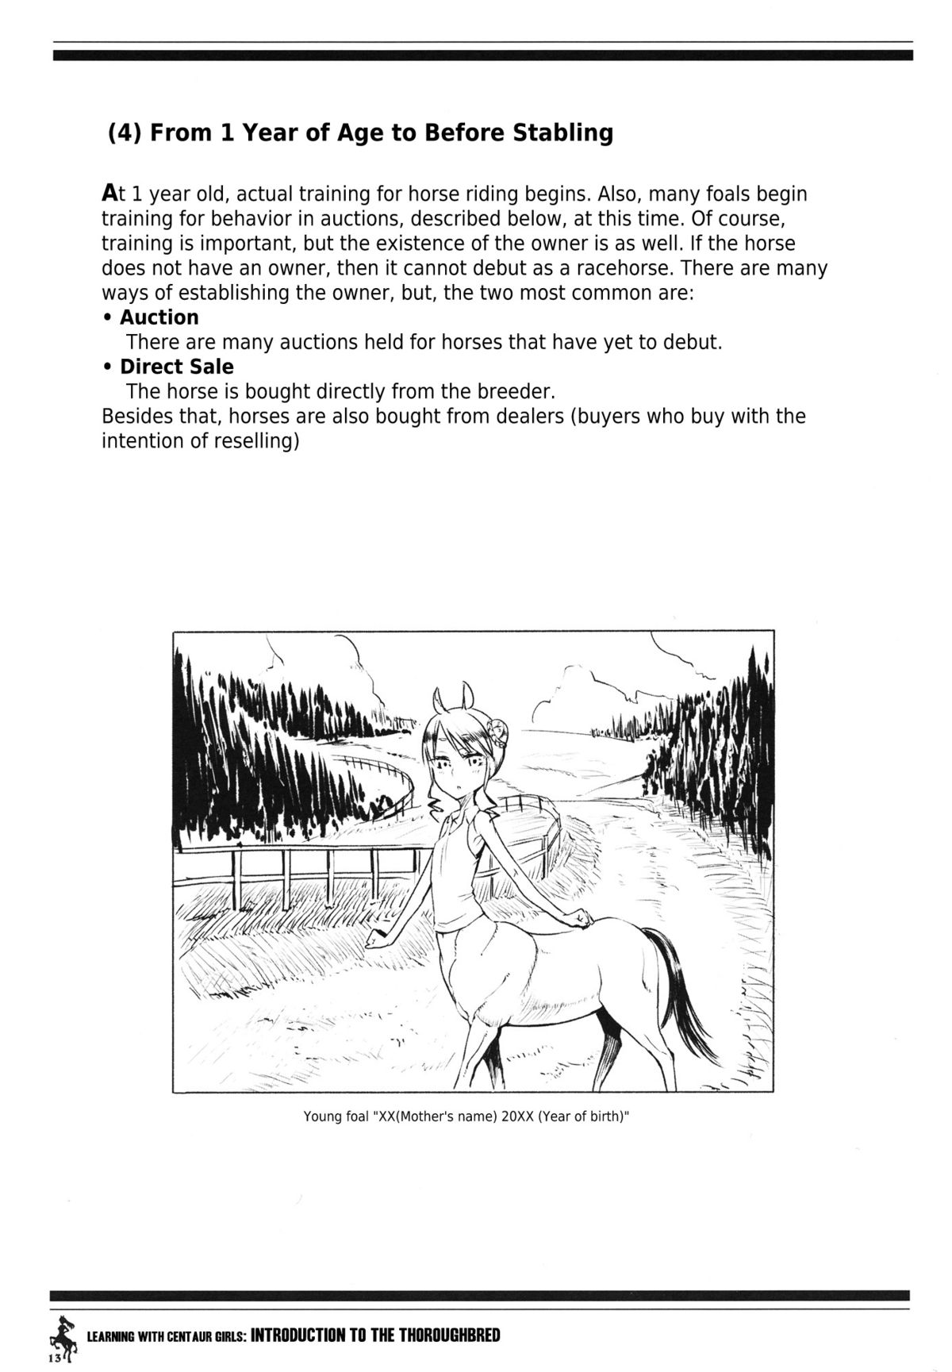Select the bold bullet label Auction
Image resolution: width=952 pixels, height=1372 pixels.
(x=159, y=317)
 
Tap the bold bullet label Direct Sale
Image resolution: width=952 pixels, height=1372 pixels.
(x=176, y=367)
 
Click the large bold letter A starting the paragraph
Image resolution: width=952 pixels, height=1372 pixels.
(x=110, y=194)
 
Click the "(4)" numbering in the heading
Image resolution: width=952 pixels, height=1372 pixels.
(x=125, y=133)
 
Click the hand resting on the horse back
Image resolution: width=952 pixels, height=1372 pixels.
(x=585, y=919)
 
